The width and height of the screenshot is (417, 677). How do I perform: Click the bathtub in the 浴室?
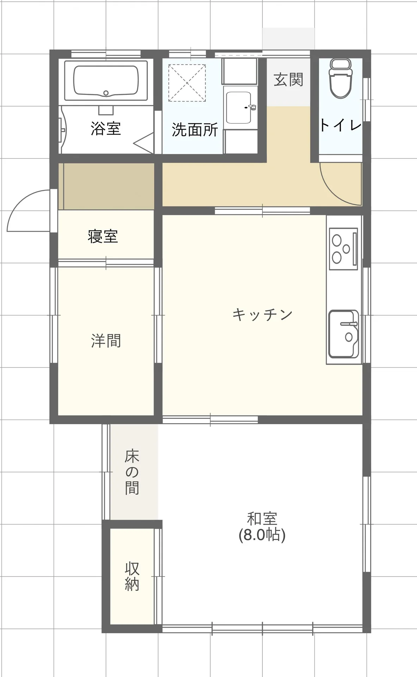click(106, 81)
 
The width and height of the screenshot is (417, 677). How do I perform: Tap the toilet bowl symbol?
click(340, 78)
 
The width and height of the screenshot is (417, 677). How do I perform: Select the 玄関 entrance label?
click(288, 79)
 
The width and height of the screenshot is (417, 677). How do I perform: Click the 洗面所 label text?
click(195, 130)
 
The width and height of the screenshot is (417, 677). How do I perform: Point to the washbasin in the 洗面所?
click(239, 108)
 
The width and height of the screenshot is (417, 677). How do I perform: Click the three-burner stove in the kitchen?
click(343, 249)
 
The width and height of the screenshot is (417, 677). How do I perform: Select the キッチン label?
click(262, 314)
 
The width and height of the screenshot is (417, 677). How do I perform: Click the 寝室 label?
click(103, 236)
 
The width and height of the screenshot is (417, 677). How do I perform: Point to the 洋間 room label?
click(106, 341)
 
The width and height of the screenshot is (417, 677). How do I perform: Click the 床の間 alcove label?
click(132, 472)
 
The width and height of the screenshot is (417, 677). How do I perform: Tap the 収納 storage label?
click(132, 577)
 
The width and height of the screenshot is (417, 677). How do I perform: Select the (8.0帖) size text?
click(262, 535)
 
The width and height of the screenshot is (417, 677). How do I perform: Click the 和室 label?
click(262, 519)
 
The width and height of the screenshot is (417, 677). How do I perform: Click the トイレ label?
click(341, 125)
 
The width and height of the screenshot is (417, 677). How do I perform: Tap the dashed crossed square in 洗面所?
click(187, 83)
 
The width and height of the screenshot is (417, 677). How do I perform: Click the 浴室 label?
click(106, 128)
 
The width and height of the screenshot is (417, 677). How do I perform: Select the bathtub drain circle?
click(106, 93)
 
